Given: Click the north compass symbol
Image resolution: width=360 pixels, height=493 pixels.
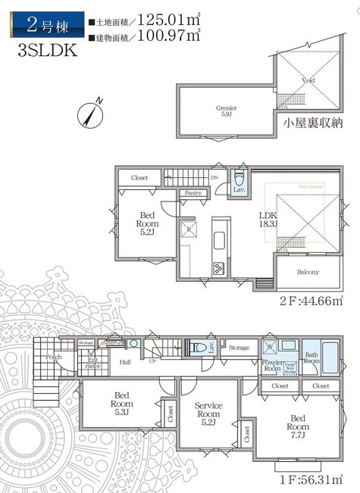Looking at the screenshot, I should pyautogui.click(x=90, y=114).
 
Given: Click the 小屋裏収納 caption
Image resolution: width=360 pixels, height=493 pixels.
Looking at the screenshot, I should pyautogui.click(x=311, y=123).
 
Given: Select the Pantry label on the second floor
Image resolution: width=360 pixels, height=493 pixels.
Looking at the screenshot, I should pyautogui.click(x=193, y=193).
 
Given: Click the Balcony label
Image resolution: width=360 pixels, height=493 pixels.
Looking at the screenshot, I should pyautogui.click(x=307, y=272).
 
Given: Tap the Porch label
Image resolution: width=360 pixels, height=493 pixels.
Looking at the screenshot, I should pyautogui.click(x=54, y=357).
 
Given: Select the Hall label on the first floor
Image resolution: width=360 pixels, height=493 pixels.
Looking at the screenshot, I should pyautogui.click(x=125, y=362).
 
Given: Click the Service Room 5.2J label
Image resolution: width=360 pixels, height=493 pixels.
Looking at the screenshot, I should pyautogui.click(x=207, y=415).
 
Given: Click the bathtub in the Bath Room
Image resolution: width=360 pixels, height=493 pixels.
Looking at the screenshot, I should pyautogui.click(x=331, y=355).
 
